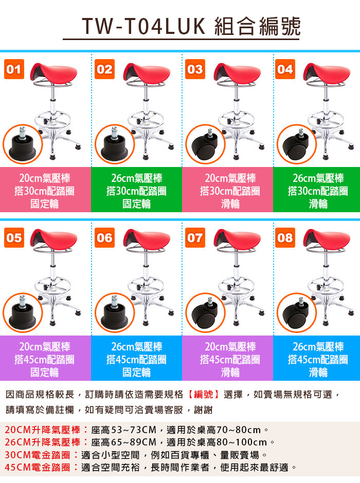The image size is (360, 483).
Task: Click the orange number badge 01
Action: click(x=14, y=69)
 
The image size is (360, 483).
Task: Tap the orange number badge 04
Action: click(x=285, y=69)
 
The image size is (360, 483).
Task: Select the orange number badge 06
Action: click(x=104, y=237)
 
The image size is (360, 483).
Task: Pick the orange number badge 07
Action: click(x=195, y=237)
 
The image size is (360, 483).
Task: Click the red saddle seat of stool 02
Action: click(x=147, y=73)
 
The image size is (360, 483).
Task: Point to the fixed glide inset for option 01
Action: click(x=23, y=144)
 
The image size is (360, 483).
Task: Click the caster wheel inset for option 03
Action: click(x=205, y=144)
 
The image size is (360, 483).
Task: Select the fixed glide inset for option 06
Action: click(x=115, y=312)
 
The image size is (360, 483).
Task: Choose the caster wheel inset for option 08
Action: click(x=297, y=312)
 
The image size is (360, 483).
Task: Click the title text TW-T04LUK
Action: click(x=143, y=26)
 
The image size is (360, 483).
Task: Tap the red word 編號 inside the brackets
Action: click(x=204, y=394)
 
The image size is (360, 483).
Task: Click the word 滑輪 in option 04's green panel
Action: click(x=318, y=204)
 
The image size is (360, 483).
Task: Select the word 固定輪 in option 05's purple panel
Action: click(x=44, y=373)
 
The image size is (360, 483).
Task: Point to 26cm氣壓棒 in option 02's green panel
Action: click(x=136, y=178)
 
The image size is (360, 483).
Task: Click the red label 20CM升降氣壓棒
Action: click(x=43, y=430)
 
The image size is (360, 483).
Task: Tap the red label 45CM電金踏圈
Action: click(x=38, y=467)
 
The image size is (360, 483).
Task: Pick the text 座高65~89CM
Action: click(x=124, y=442)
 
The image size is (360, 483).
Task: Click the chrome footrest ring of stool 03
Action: click(x=237, y=119)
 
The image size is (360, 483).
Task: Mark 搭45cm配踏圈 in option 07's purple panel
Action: click(x=230, y=360)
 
